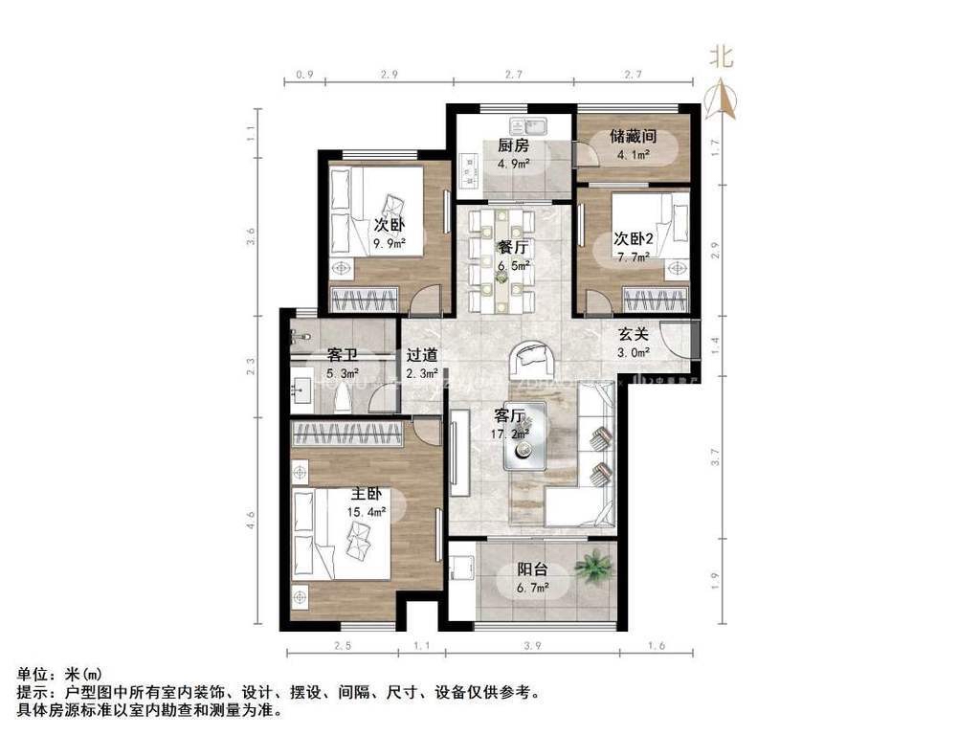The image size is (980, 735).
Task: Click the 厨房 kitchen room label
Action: click(x=513, y=146)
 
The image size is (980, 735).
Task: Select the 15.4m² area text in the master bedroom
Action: click(x=367, y=512)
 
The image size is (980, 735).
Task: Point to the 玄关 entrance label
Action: click(x=633, y=335)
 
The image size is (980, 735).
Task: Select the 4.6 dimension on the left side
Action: click(x=251, y=521)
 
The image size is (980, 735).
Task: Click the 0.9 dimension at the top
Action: click(x=304, y=74)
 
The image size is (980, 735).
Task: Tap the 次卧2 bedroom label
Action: click(x=633, y=239)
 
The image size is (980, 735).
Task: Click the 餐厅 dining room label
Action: click(x=513, y=247)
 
